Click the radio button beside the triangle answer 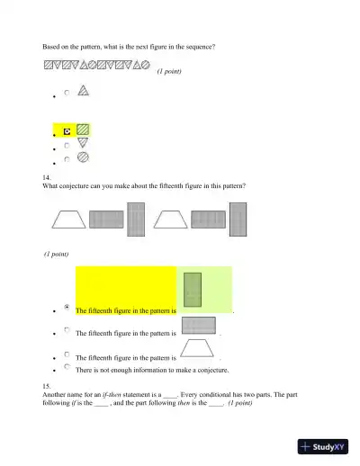[x=67, y=92]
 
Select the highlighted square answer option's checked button [x=67, y=130]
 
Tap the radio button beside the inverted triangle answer [x=67, y=144]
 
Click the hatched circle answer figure [x=83, y=157]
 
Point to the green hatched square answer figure [x=83, y=130]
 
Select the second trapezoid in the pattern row [x=170, y=220]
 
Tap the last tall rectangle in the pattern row [x=238, y=219]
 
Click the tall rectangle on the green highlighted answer [x=193, y=289]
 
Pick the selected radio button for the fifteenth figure [x=67, y=308]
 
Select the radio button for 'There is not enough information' [x=67, y=367]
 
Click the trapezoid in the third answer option [x=197, y=348]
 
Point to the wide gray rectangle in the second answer [x=197, y=325]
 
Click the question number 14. [x=47, y=178]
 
